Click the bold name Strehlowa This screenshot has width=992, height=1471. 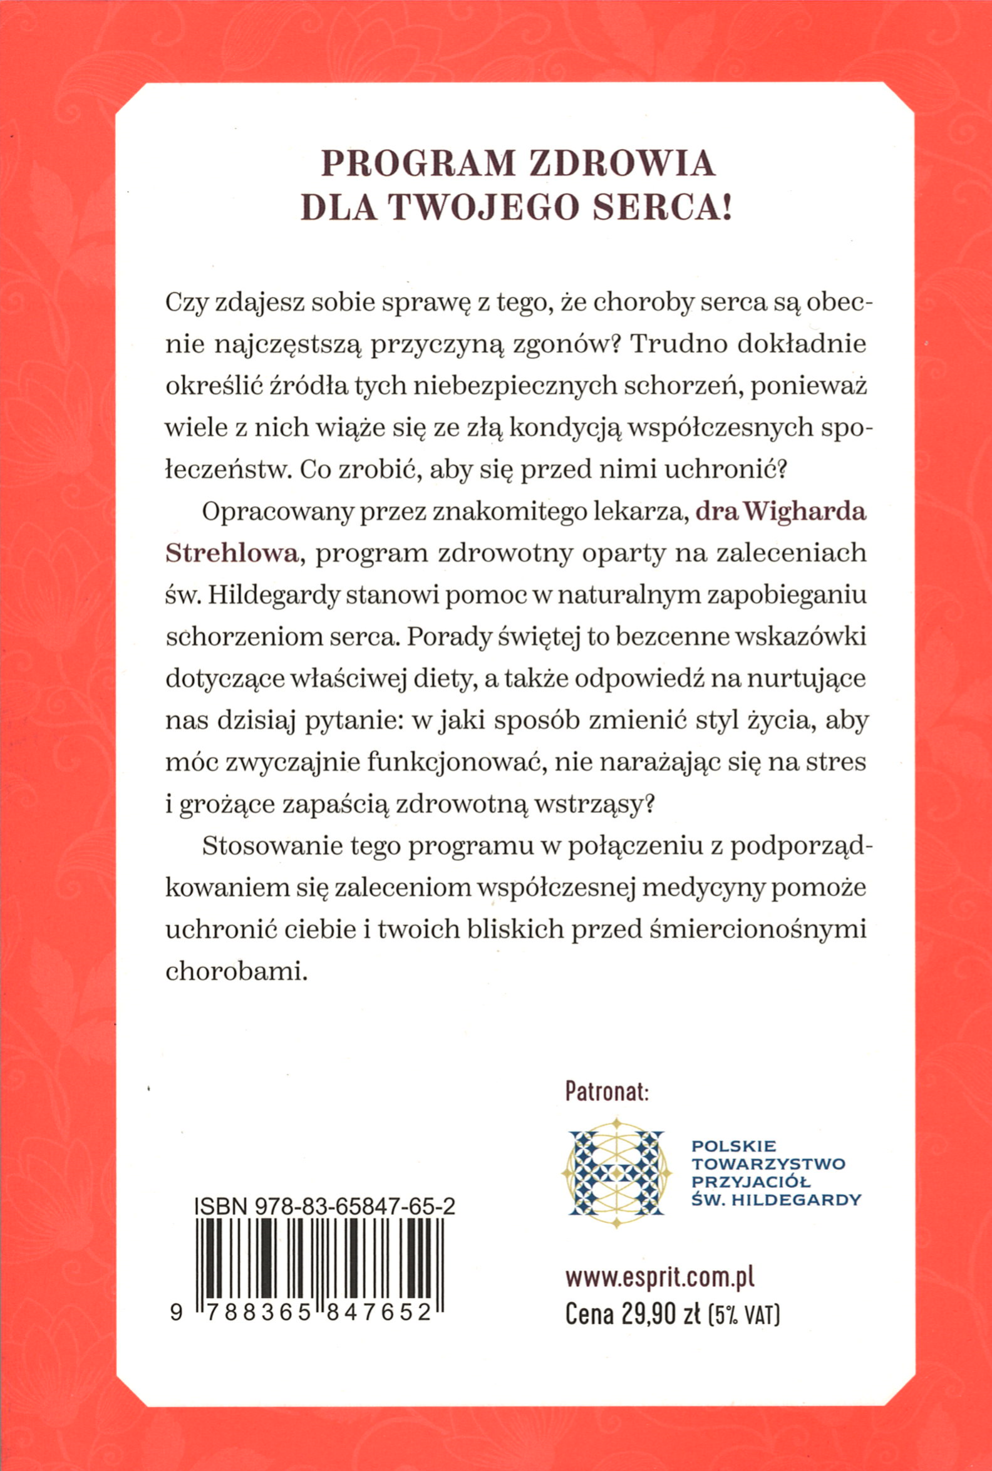click(232, 554)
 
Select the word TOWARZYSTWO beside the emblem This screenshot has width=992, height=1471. click(768, 1164)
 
